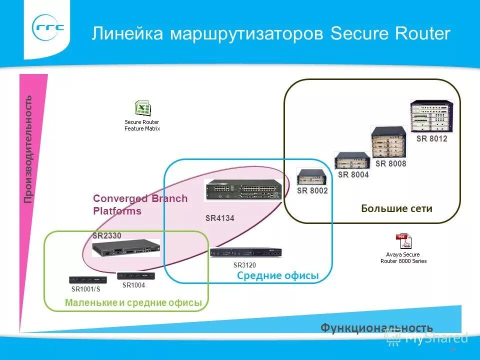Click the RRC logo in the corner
click(x=49, y=28)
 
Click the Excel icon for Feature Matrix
click(x=142, y=108)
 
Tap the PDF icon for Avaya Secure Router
click(x=403, y=241)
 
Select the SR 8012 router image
click(x=432, y=117)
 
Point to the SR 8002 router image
click(x=312, y=177)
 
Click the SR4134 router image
click(x=242, y=190)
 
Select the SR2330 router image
click(x=125, y=247)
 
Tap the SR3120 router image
click(x=245, y=253)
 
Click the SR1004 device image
click(x=131, y=276)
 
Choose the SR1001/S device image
click(x=85, y=280)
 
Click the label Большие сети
click(x=396, y=208)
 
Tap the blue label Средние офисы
click(x=277, y=275)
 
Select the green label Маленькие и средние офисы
click(x=133, y=302)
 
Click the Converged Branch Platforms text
click(x=140, y=204)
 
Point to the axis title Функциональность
click(x=376, y=327)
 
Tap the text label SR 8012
click(x=431, y=139)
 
